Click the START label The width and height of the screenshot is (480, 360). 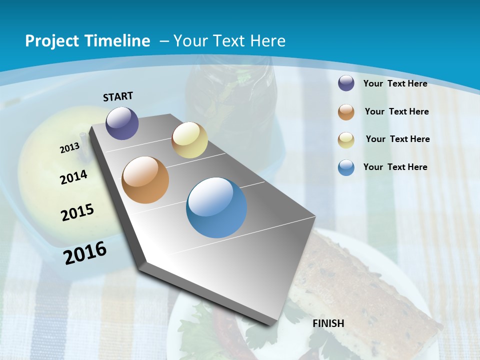(118, 96)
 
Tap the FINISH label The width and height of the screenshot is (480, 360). (328, 323)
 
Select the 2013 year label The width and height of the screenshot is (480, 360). (70, 148)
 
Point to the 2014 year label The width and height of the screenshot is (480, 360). (74, 177)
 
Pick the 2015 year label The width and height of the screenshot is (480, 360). (77, 212)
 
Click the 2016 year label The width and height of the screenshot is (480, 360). (85, 252)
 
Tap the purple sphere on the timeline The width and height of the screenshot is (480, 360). (122, 123)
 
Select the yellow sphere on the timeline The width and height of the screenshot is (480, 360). (189, 140)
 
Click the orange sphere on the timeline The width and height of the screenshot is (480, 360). (145, 180)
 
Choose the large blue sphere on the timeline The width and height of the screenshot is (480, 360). (216, 207)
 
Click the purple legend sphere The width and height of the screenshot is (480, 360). (346, 83)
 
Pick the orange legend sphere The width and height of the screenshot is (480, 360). (346, 111)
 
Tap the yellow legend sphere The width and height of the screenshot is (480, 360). (346, 139)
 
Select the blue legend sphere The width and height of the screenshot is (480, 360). (346, 167)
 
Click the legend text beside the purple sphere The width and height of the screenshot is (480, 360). (395, 83)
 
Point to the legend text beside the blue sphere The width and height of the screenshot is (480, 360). (395, 167)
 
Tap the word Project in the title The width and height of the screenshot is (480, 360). (51, 41)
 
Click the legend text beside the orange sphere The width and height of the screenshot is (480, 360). (396, 111)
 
